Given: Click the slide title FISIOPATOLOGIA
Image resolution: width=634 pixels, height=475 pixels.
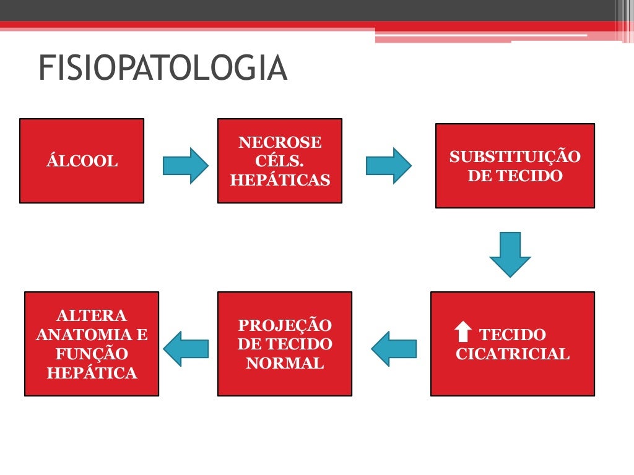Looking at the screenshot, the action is [163, 69].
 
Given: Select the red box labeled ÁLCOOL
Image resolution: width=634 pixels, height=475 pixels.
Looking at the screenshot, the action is [82, 161].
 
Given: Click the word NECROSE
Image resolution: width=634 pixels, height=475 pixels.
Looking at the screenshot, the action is [280, 143].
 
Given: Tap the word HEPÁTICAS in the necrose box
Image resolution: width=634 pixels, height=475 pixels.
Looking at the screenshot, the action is [280, 181].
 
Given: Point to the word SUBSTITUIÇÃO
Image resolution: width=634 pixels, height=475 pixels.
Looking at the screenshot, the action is [515, 157].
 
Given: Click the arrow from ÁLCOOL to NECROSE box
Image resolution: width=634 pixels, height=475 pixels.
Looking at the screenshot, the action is [185, 165].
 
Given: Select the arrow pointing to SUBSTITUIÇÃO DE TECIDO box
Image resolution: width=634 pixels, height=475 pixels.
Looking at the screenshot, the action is [388, 165].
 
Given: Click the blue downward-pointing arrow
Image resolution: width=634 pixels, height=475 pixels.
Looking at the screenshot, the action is [510, 254].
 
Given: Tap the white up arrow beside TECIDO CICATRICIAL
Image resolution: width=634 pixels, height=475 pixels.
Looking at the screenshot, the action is [463, 332].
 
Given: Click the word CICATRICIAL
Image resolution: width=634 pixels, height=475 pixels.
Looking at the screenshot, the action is [512, 354].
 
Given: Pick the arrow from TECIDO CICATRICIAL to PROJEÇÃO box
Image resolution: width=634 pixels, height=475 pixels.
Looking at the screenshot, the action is [394, 348].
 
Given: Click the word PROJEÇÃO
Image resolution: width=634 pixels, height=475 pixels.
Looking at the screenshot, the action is [285, 325].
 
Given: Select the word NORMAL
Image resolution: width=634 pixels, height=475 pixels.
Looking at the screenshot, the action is [285, 363].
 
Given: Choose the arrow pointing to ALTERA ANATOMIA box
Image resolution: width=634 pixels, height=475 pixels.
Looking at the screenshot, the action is [186, 348].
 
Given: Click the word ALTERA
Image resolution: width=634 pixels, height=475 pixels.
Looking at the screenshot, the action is [92, 315].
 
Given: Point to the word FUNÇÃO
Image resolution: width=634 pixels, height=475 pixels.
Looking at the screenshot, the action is [92, 354].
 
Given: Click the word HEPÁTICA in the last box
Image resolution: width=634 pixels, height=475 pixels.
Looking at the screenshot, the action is [92, 374].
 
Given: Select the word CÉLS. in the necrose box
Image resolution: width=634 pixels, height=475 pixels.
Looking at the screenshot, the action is [280, 161].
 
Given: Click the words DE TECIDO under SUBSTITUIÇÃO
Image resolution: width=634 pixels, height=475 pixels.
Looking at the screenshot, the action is [515, 176].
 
